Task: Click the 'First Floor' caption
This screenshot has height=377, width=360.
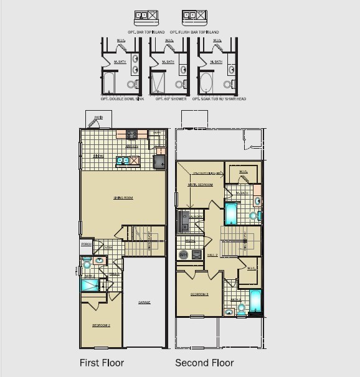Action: coord(102,363)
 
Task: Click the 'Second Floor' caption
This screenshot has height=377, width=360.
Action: coord(204,363)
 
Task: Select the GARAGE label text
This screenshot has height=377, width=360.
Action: coord(144,302)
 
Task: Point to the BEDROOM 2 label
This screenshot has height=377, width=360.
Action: coord(101,325)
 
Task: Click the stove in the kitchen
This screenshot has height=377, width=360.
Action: coord(132,134)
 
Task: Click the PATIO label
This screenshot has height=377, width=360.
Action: coord(98,117)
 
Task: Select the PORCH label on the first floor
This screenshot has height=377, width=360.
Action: coord(87,245)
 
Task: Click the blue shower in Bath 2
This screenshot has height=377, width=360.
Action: coord(89,285)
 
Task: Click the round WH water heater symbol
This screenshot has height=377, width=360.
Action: coord(183,255)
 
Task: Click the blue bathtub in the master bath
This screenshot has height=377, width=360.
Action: coord(231,213)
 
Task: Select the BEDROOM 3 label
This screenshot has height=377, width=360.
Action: coord(198,294)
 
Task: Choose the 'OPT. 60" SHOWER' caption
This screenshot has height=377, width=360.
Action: coord(169,98)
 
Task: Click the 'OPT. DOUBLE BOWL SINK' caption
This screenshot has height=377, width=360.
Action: coord(122,98)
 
